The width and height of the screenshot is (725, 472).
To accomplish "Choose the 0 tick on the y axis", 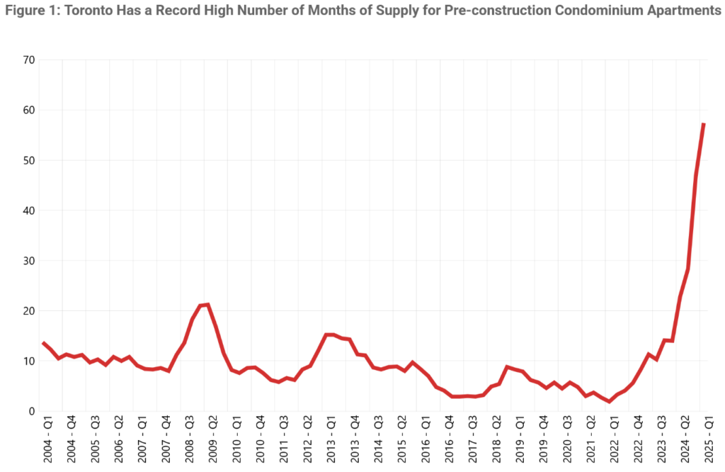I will (x=31, y=411).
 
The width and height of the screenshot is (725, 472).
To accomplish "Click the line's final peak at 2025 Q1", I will (x=703, y=124).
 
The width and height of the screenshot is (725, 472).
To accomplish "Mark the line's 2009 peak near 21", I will (x=207, y=305).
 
